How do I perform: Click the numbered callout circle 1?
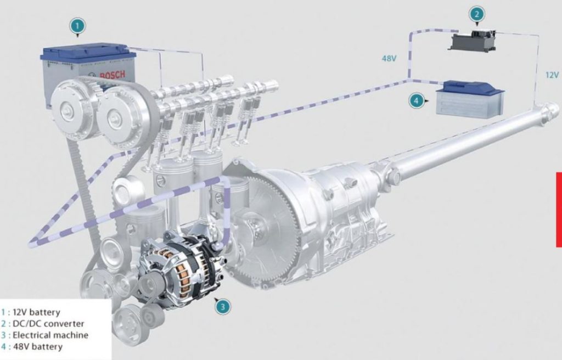click(78, 26)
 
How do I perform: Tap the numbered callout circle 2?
click(477, 14)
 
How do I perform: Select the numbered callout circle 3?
click(223, 307)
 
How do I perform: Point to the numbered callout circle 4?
click(417, 101)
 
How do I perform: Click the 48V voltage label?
click(389, 58)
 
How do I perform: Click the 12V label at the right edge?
click(552, 75)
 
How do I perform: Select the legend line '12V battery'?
click(31, 312)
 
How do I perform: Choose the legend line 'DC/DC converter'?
click(43, 324)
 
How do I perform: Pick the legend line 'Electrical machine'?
click(44, 335)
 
